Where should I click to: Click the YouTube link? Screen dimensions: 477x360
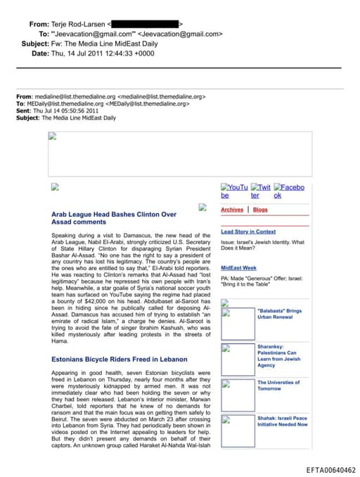coord(234,191)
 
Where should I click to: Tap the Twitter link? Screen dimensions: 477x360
coord(260,191)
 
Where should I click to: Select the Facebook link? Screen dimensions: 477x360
coord(288,191)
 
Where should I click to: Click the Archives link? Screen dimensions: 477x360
coord(232,210)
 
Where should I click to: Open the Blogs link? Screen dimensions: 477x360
coord(260,210)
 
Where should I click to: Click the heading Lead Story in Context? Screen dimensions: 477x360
coord(248,231)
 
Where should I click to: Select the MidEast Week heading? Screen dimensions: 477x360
coord(238,268)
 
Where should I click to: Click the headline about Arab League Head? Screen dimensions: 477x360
coord(114,217)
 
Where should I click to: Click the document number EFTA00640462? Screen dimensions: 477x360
coord(330,470)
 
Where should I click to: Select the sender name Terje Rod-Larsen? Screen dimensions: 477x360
coord(77,24)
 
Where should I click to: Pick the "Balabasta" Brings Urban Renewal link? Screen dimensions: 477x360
coord(279,314)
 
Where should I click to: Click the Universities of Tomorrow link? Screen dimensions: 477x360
coord(278,386)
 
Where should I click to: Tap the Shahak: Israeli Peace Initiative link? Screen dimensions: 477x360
coord(282,421)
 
